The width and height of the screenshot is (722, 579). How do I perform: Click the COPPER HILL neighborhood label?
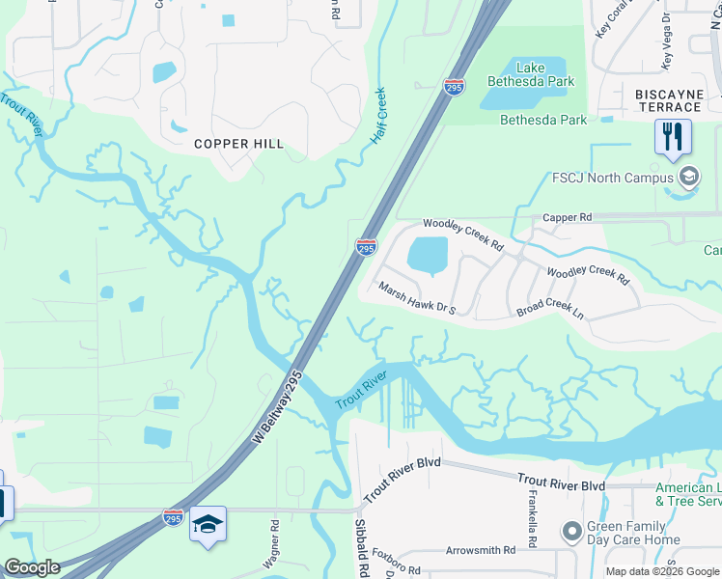point(238,144)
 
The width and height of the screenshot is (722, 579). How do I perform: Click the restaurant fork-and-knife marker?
point(673,137)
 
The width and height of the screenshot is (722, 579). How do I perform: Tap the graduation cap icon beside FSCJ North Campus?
point(688,177)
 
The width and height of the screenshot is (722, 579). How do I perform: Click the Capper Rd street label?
point(567,218)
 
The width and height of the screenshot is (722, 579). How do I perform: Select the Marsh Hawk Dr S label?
point(415,299)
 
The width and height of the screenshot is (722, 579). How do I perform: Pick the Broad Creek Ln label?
point(550,309)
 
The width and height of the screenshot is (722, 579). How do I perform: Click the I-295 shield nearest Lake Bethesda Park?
point(454,87)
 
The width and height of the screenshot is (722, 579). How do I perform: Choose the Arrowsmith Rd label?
point(481,550)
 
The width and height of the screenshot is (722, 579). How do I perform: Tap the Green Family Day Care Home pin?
point(572,531)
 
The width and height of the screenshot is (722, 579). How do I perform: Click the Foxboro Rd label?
point(399,569)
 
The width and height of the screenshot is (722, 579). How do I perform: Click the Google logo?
point(32,567)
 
